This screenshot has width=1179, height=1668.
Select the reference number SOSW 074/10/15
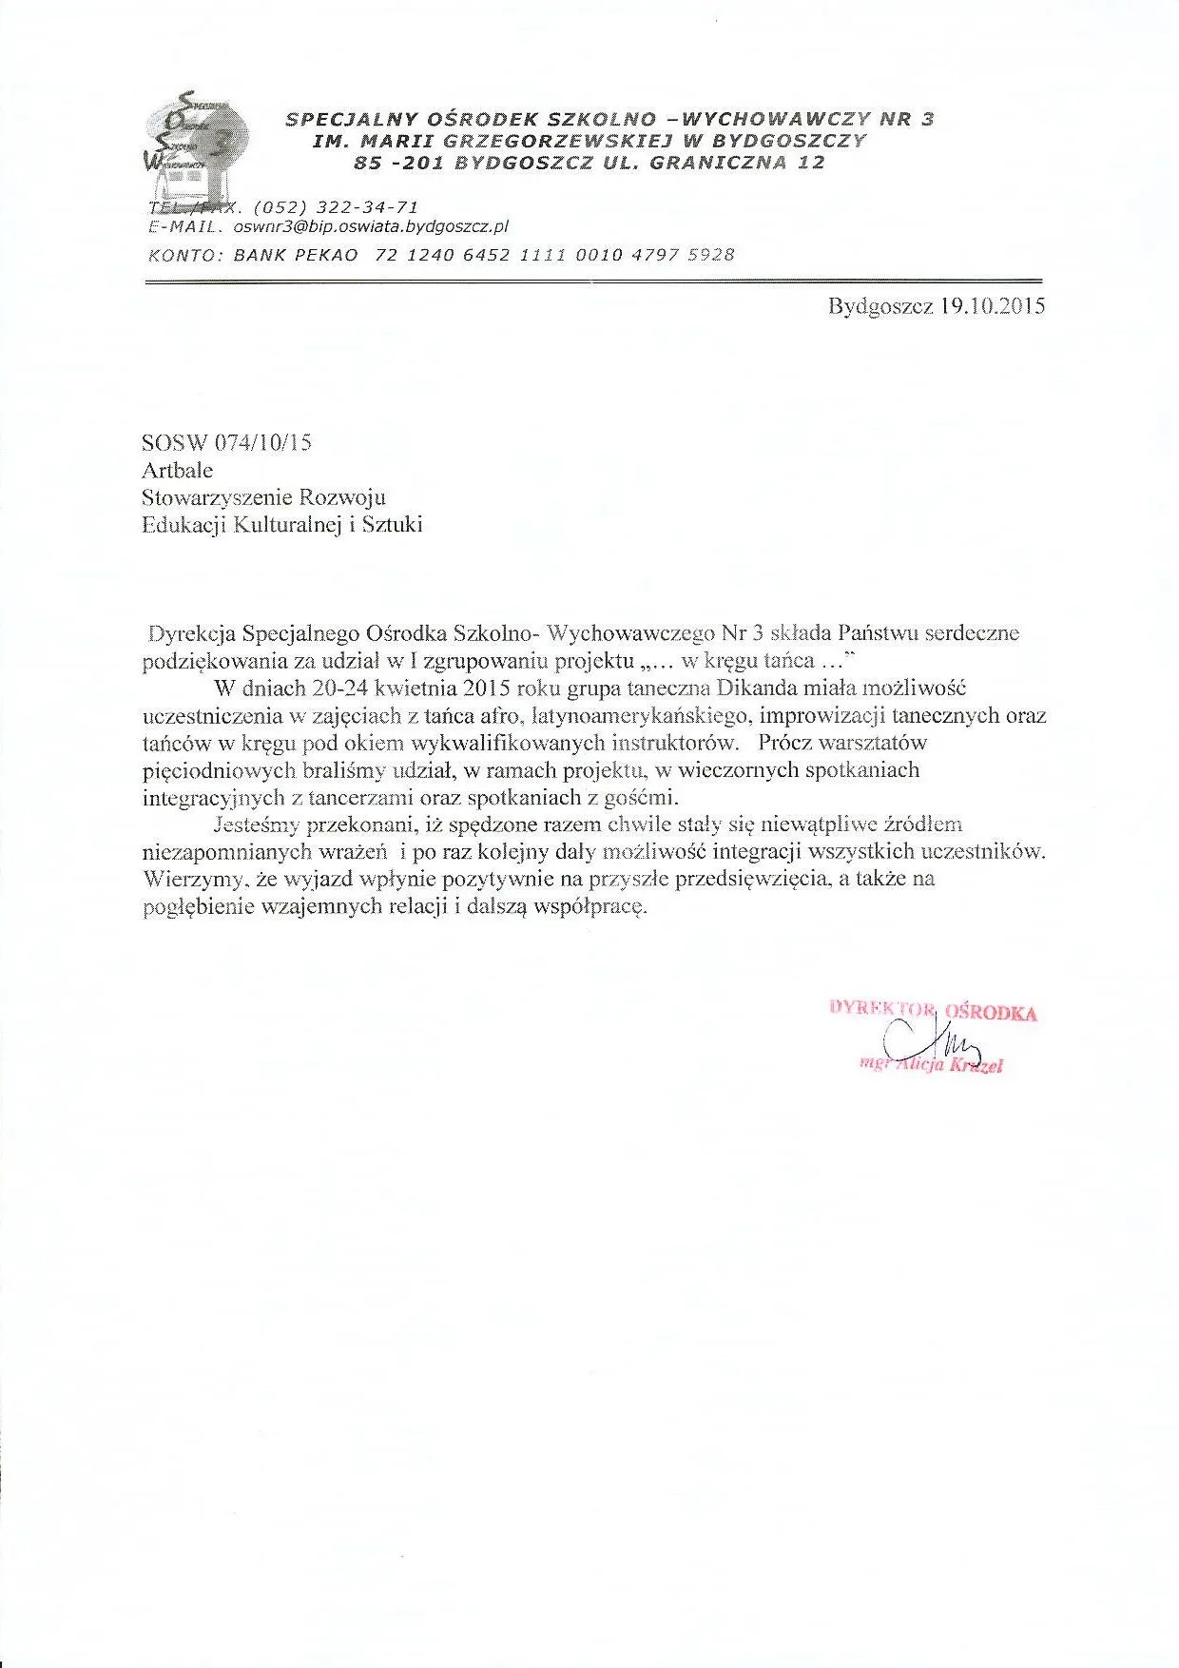(226, 442)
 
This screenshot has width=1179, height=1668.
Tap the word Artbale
(177, 470)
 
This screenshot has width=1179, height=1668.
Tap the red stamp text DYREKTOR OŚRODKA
(933, 1011)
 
